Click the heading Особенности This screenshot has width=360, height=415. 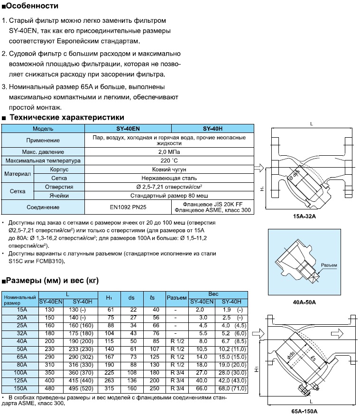[33, 6]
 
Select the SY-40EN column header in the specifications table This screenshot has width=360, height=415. [127, 129]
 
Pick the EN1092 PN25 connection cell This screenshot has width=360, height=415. [127, 207]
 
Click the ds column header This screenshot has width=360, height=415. [131, 298]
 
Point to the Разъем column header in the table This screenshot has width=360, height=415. [176, 298]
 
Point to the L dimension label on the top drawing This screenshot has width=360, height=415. [311, 123]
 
